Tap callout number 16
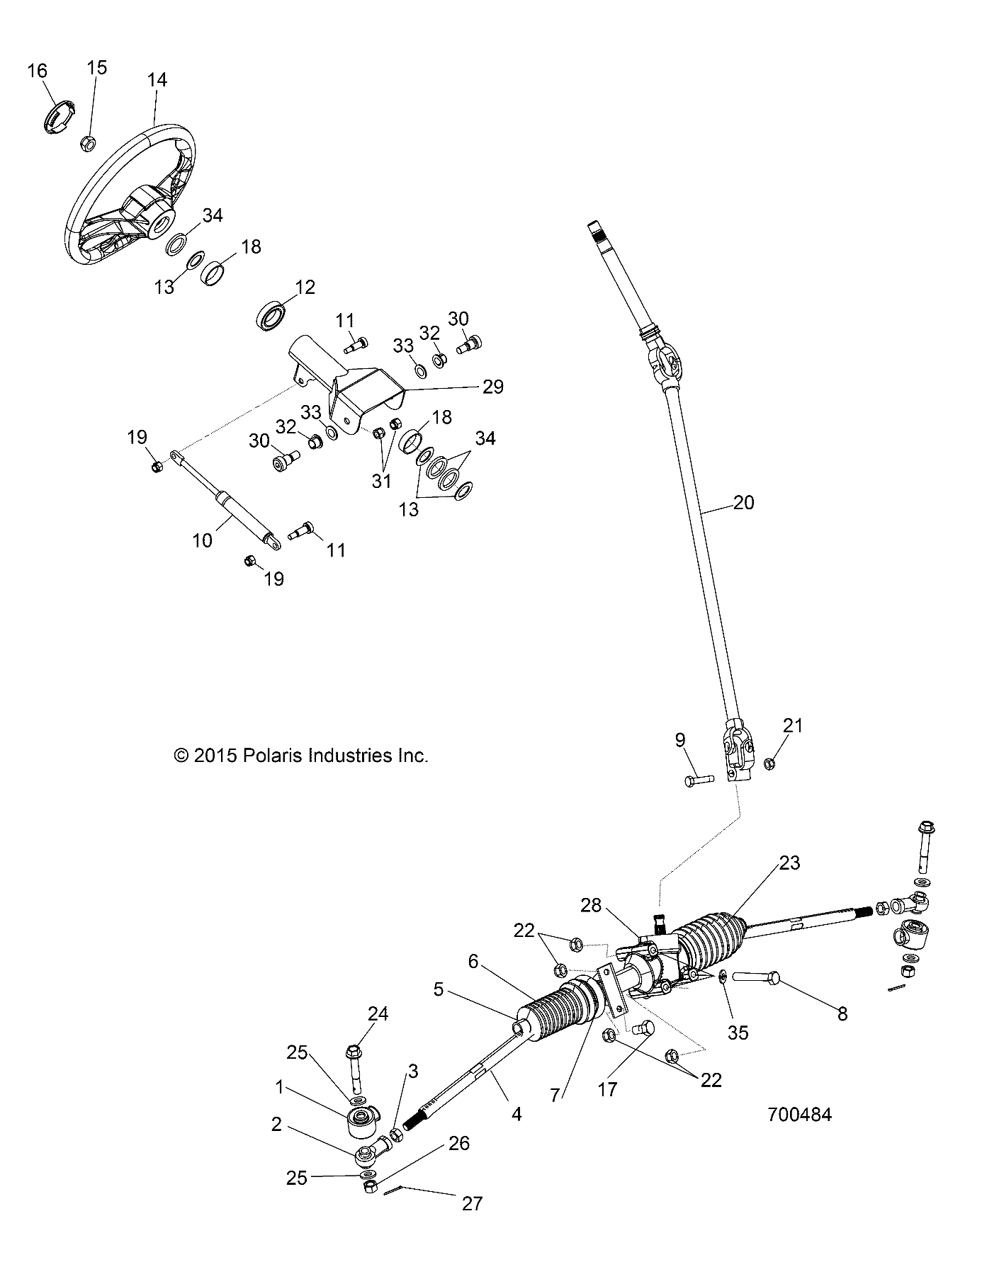coord(38,71)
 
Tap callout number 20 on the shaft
coord(743,503)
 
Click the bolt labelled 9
coord(699,780)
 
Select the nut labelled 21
coord(769,763)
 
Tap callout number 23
coord(789,863)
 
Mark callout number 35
coord(738,1033)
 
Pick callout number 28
coord(591,905)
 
